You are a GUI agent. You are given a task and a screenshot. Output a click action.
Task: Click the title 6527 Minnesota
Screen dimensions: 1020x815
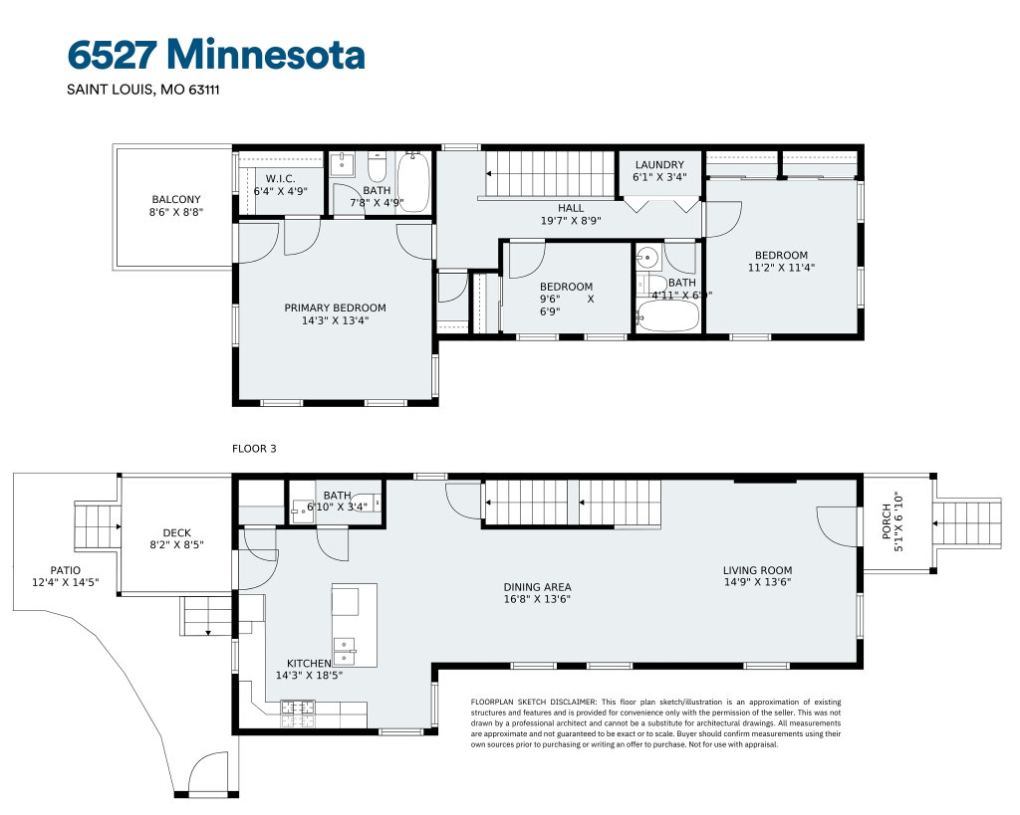pos(216,54)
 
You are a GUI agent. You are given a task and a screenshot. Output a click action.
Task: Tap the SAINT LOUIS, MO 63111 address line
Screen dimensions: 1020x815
pos(143,90)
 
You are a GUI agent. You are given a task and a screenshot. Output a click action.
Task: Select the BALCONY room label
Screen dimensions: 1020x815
pos(176,200)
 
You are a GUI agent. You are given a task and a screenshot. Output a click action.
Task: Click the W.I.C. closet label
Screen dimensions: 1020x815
pos(280,179)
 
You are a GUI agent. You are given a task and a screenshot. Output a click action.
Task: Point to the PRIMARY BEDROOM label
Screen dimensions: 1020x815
pos(335,308)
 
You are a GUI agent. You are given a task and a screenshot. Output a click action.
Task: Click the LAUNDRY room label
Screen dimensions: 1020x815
pos(659,165)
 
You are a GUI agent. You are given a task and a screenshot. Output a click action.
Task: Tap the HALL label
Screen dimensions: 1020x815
pos(571,208)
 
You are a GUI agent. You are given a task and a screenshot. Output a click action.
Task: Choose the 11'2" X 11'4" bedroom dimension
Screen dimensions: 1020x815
pos(781,267)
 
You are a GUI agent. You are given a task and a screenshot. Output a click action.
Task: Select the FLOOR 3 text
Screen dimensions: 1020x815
pos(254,449)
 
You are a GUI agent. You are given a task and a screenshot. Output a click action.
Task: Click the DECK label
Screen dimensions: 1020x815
pos(177,533)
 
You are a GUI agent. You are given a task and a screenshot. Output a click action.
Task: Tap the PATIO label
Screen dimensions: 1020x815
pos(66,570)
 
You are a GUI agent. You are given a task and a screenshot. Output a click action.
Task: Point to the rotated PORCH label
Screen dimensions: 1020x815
pos(887,521)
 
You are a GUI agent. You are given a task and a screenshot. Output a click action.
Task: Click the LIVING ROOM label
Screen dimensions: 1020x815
pos(758,570)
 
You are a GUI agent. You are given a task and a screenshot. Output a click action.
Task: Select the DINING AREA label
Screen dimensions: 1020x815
pos(537,587)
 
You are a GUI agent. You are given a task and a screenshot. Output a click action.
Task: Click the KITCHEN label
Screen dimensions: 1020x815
pos(309,664)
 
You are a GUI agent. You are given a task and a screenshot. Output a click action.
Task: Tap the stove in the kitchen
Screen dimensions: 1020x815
pos(298,713)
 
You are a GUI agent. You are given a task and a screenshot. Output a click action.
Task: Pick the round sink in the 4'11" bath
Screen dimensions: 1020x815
pos(646,258)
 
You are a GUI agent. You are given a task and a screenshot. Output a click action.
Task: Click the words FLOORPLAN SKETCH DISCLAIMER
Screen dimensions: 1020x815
pos(534,702)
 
